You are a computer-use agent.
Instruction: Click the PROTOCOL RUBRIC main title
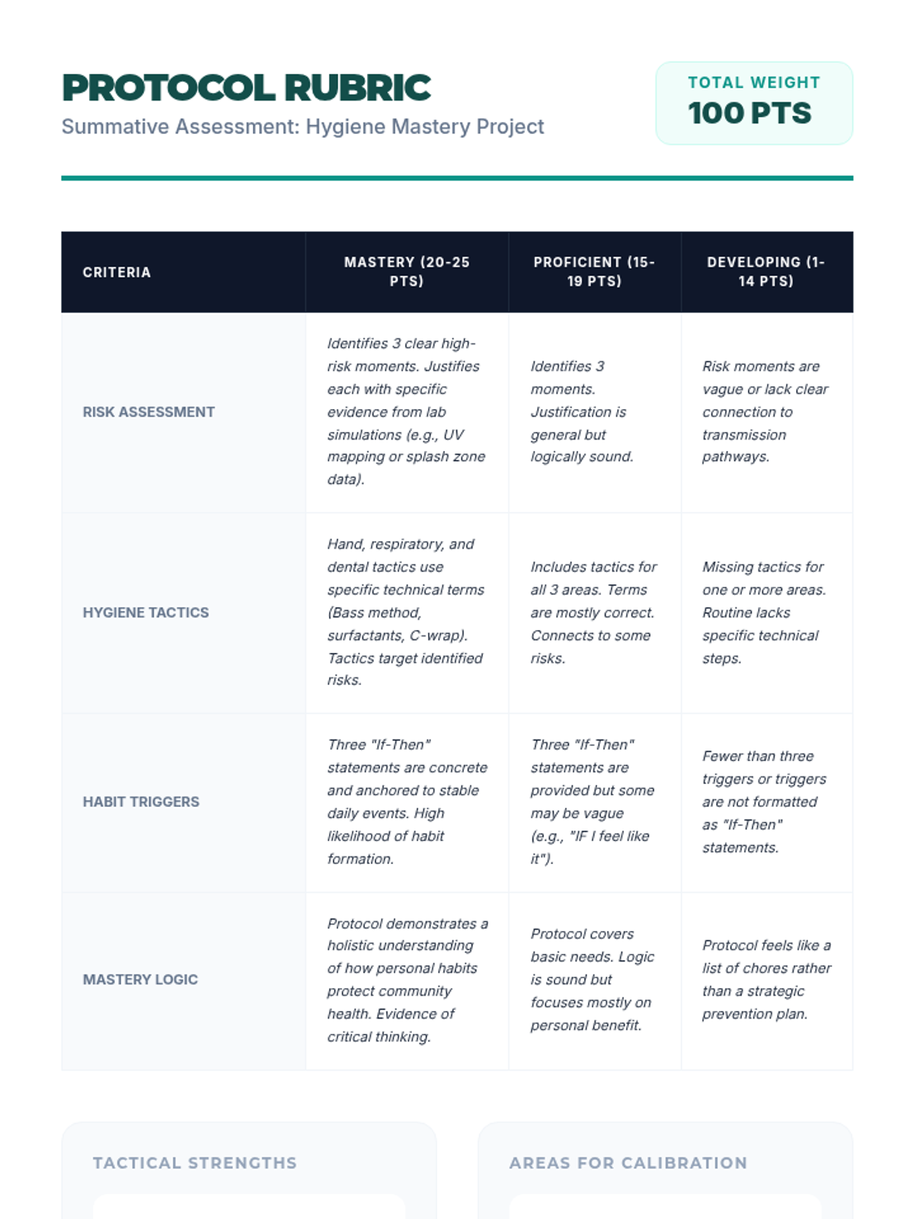[x=246, y=88]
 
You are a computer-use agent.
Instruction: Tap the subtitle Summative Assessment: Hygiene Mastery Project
[x=302, y=126]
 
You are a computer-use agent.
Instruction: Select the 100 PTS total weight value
[x=749, y=114]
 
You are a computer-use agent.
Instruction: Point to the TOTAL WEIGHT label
[x=754, y=82]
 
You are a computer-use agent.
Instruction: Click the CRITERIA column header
[x=117, y=272]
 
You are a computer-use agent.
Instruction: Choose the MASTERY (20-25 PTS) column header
[x=407, y=271]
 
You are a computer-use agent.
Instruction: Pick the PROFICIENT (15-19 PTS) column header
[x=594, y=271]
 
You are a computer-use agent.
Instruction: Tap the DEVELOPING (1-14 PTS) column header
[x=765, y=271]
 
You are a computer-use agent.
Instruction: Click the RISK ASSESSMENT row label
[x=149, y=412]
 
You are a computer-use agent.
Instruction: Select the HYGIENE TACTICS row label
[x=145, y=613]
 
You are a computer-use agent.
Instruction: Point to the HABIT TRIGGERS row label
[x=141, y=801]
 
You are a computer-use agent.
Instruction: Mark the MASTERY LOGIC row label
[x=140, y=980]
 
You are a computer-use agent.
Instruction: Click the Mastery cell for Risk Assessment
[x=406, y=411]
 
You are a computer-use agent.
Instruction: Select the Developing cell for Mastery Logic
[x=765, y=980]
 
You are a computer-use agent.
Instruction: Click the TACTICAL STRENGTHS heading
[x=195, y=1163]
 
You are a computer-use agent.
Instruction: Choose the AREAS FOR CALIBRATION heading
[x=628, y=1163]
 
